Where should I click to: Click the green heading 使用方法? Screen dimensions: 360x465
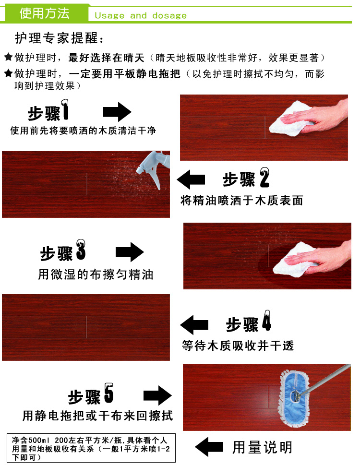coord(45,13)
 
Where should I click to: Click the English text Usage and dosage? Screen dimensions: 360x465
coord(141,15)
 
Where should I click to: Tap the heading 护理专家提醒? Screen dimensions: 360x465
coord(60,38)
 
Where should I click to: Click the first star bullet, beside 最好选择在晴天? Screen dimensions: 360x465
coord(8,57)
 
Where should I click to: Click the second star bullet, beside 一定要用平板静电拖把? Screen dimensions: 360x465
coord(8,73)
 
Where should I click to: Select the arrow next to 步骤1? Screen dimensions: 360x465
coord(117,112)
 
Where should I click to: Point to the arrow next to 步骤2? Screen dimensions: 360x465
coord(191,179)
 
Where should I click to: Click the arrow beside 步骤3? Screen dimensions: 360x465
coord(130,252)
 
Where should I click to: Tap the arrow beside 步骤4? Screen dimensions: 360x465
coord(194,325)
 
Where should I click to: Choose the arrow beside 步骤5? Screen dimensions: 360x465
coord(157,395)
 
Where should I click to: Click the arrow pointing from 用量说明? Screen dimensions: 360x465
coord(209,447)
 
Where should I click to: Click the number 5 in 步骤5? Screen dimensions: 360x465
coord(109,393)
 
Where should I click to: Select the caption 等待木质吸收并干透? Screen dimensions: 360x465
coord(238,346)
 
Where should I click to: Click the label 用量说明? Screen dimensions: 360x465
coord(262,447)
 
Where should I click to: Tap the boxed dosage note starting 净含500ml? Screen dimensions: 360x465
coord(91,448)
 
